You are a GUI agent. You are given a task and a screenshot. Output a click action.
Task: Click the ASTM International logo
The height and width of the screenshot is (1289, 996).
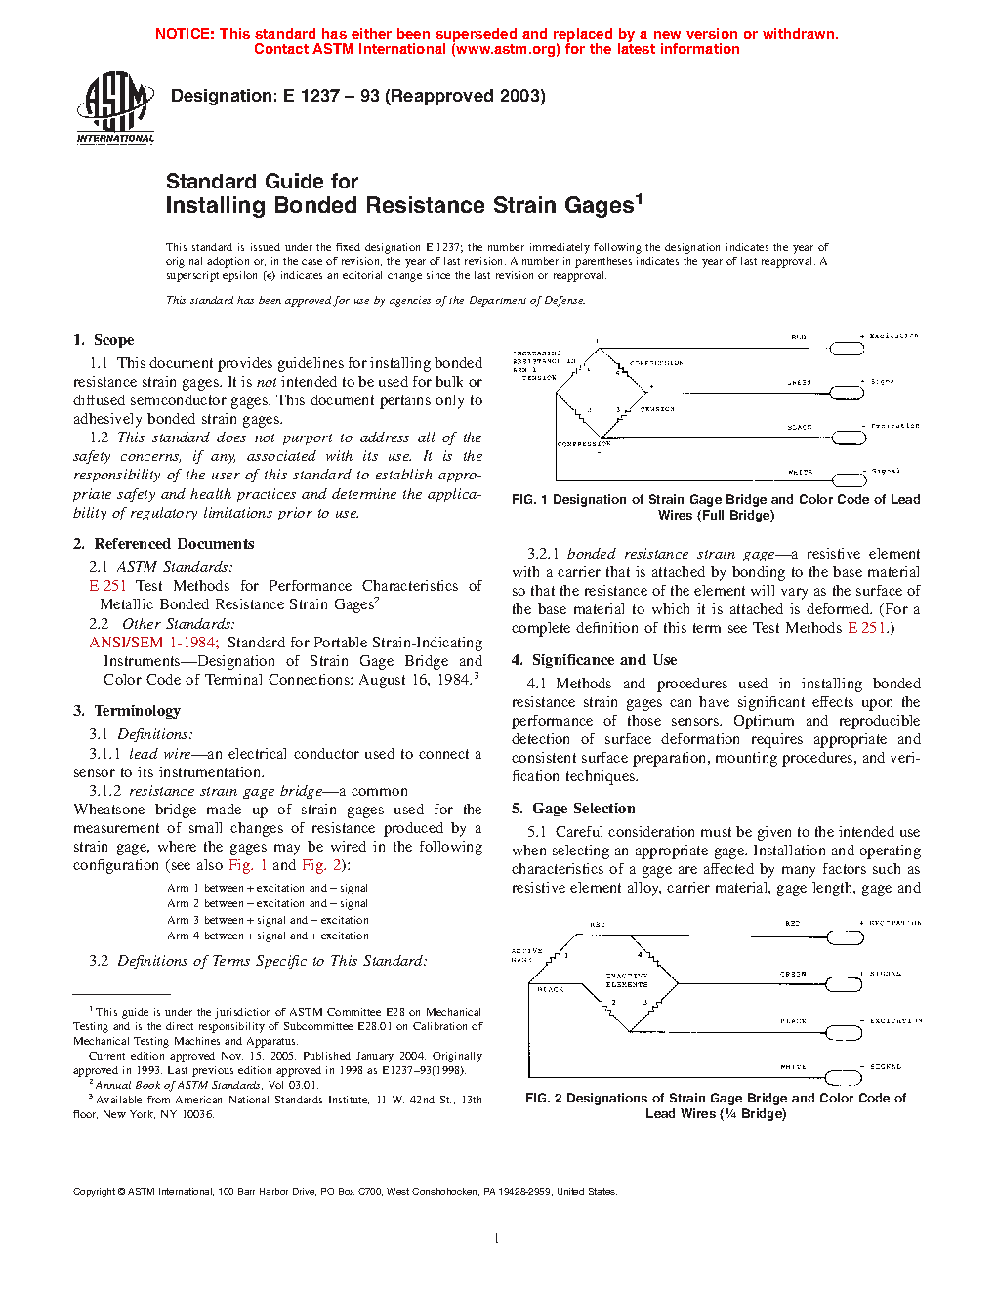(x=115, y=108)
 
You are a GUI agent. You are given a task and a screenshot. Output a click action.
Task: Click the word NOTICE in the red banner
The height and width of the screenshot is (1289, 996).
(x=185, y=34)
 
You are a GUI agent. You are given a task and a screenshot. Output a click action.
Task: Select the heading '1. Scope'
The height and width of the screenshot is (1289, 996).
(x=104, y=340)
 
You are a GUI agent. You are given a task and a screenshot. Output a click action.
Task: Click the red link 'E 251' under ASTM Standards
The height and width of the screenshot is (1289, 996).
(x=107, y=586)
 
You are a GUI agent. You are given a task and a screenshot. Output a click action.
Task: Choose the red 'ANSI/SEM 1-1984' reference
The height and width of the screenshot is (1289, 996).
(x=151, y=643)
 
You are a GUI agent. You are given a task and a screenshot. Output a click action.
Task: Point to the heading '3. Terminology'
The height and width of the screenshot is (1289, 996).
(x=127, y=711)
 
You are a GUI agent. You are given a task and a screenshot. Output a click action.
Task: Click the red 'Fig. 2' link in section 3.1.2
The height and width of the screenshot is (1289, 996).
(x=321, y=865)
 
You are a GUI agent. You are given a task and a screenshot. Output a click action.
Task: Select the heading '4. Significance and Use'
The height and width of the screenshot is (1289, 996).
(x=594, y=660)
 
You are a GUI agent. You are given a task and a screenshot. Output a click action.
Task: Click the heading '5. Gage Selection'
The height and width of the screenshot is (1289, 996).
(x=573, y=809)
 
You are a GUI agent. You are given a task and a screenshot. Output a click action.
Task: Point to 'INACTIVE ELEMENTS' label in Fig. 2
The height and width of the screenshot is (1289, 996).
(x=626, y=979)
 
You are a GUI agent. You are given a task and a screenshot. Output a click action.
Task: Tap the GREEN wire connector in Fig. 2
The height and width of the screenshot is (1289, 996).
(x=845, y=984)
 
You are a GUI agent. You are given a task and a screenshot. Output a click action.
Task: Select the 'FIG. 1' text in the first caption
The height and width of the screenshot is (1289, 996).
(x=529, y=500)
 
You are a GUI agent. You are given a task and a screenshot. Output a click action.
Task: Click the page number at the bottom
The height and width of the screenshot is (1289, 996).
(x=497, y=1239)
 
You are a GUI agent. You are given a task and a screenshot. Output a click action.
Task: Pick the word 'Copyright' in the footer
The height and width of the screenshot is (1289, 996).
(x=95, y=1192)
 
